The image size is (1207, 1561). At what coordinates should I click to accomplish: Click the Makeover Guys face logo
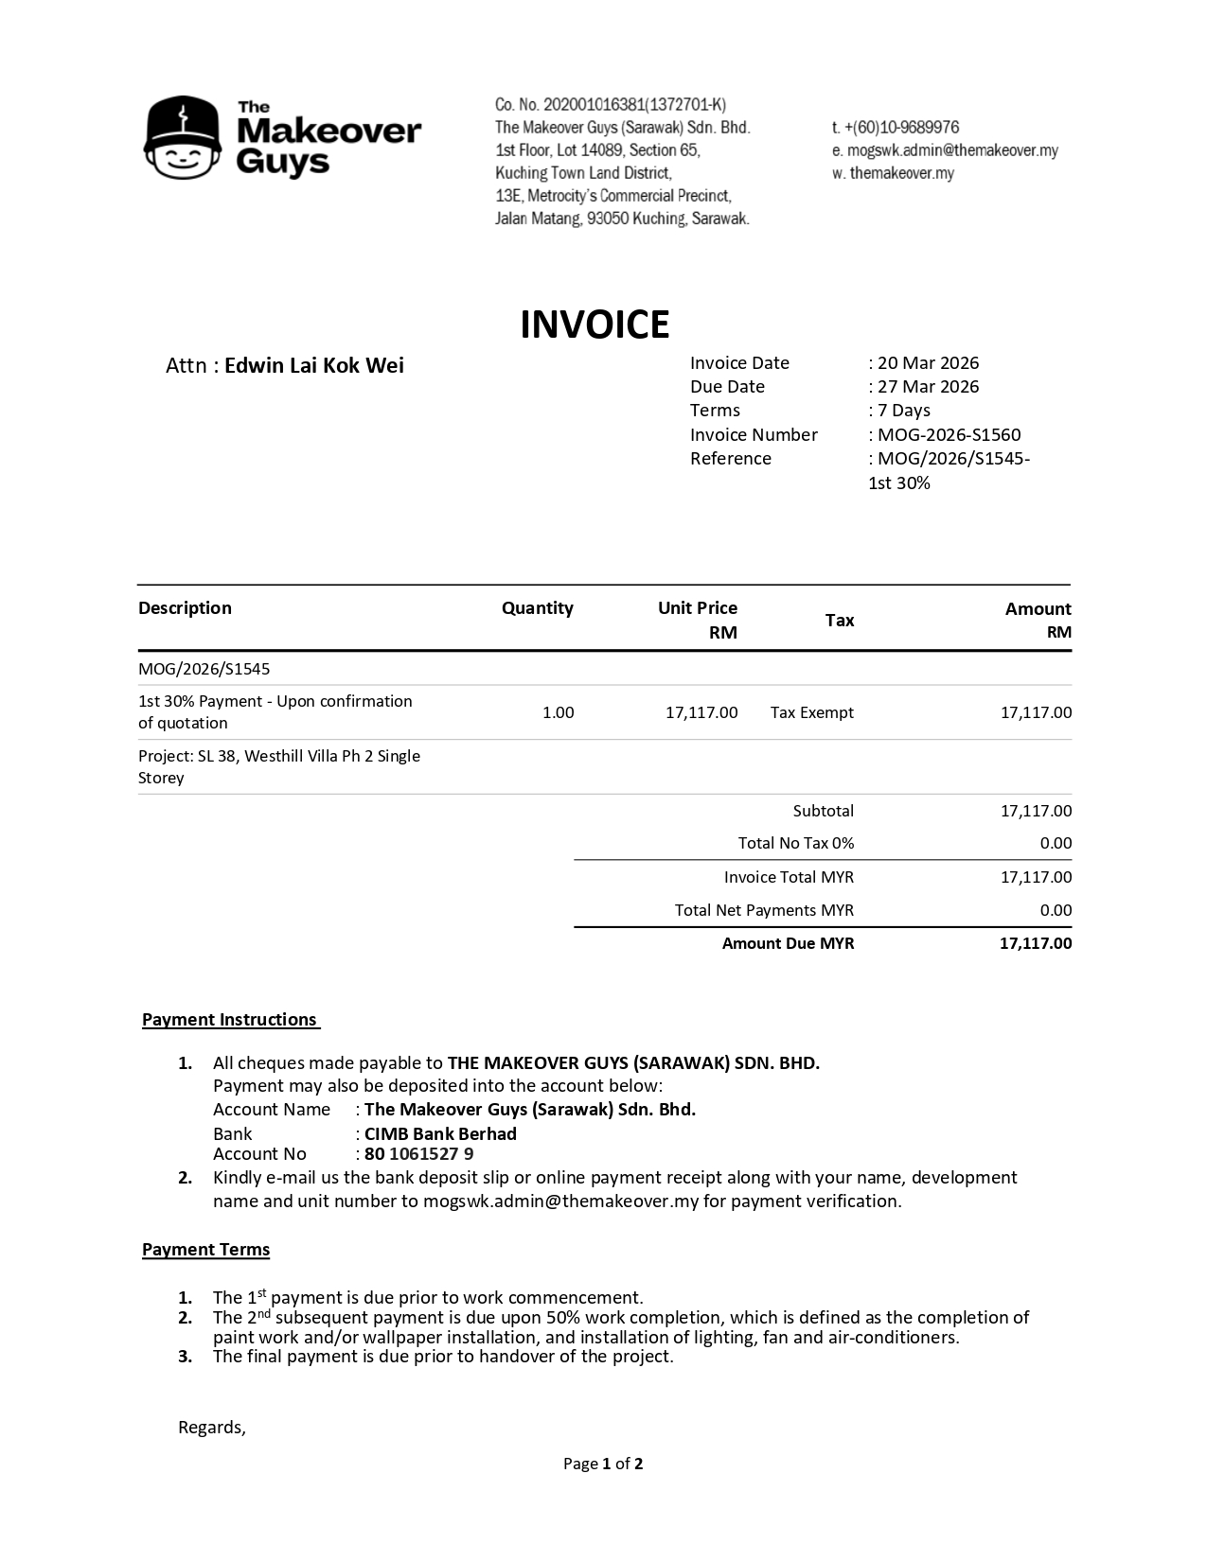click(184, 138)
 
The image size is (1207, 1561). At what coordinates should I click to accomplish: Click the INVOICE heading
click(595, 324)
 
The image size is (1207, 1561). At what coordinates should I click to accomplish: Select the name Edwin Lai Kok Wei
click(313, 365)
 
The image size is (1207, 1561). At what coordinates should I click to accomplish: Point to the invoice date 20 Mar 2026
click(928, 362)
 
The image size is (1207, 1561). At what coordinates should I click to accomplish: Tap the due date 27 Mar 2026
click(928, 386)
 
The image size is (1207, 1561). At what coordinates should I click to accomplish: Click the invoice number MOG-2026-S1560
click(949, 434)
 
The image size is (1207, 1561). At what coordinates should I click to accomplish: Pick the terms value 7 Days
click(903, 410)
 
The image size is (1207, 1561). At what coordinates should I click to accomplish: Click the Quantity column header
click(537, 607)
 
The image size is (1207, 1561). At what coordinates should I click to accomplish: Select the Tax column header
click(839, 620)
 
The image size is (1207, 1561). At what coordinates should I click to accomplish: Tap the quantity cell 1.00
click(558, 712)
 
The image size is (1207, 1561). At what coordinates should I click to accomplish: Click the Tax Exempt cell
click(811, 712)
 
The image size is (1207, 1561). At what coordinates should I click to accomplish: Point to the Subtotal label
click(823, 811)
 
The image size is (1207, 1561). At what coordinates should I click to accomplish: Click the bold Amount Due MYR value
click(1036, 943)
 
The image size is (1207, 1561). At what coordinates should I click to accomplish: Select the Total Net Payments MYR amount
click(1056, 910)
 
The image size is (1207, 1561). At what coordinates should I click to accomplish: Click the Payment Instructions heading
click(230, 1019)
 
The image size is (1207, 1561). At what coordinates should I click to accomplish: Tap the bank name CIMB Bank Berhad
click(440, 1133)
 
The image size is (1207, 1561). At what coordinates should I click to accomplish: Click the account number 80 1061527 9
click(418, 1154)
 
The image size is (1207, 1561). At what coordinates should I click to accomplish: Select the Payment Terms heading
click(205, 1250)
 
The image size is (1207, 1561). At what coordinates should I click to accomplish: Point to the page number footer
click(603, 1464)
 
